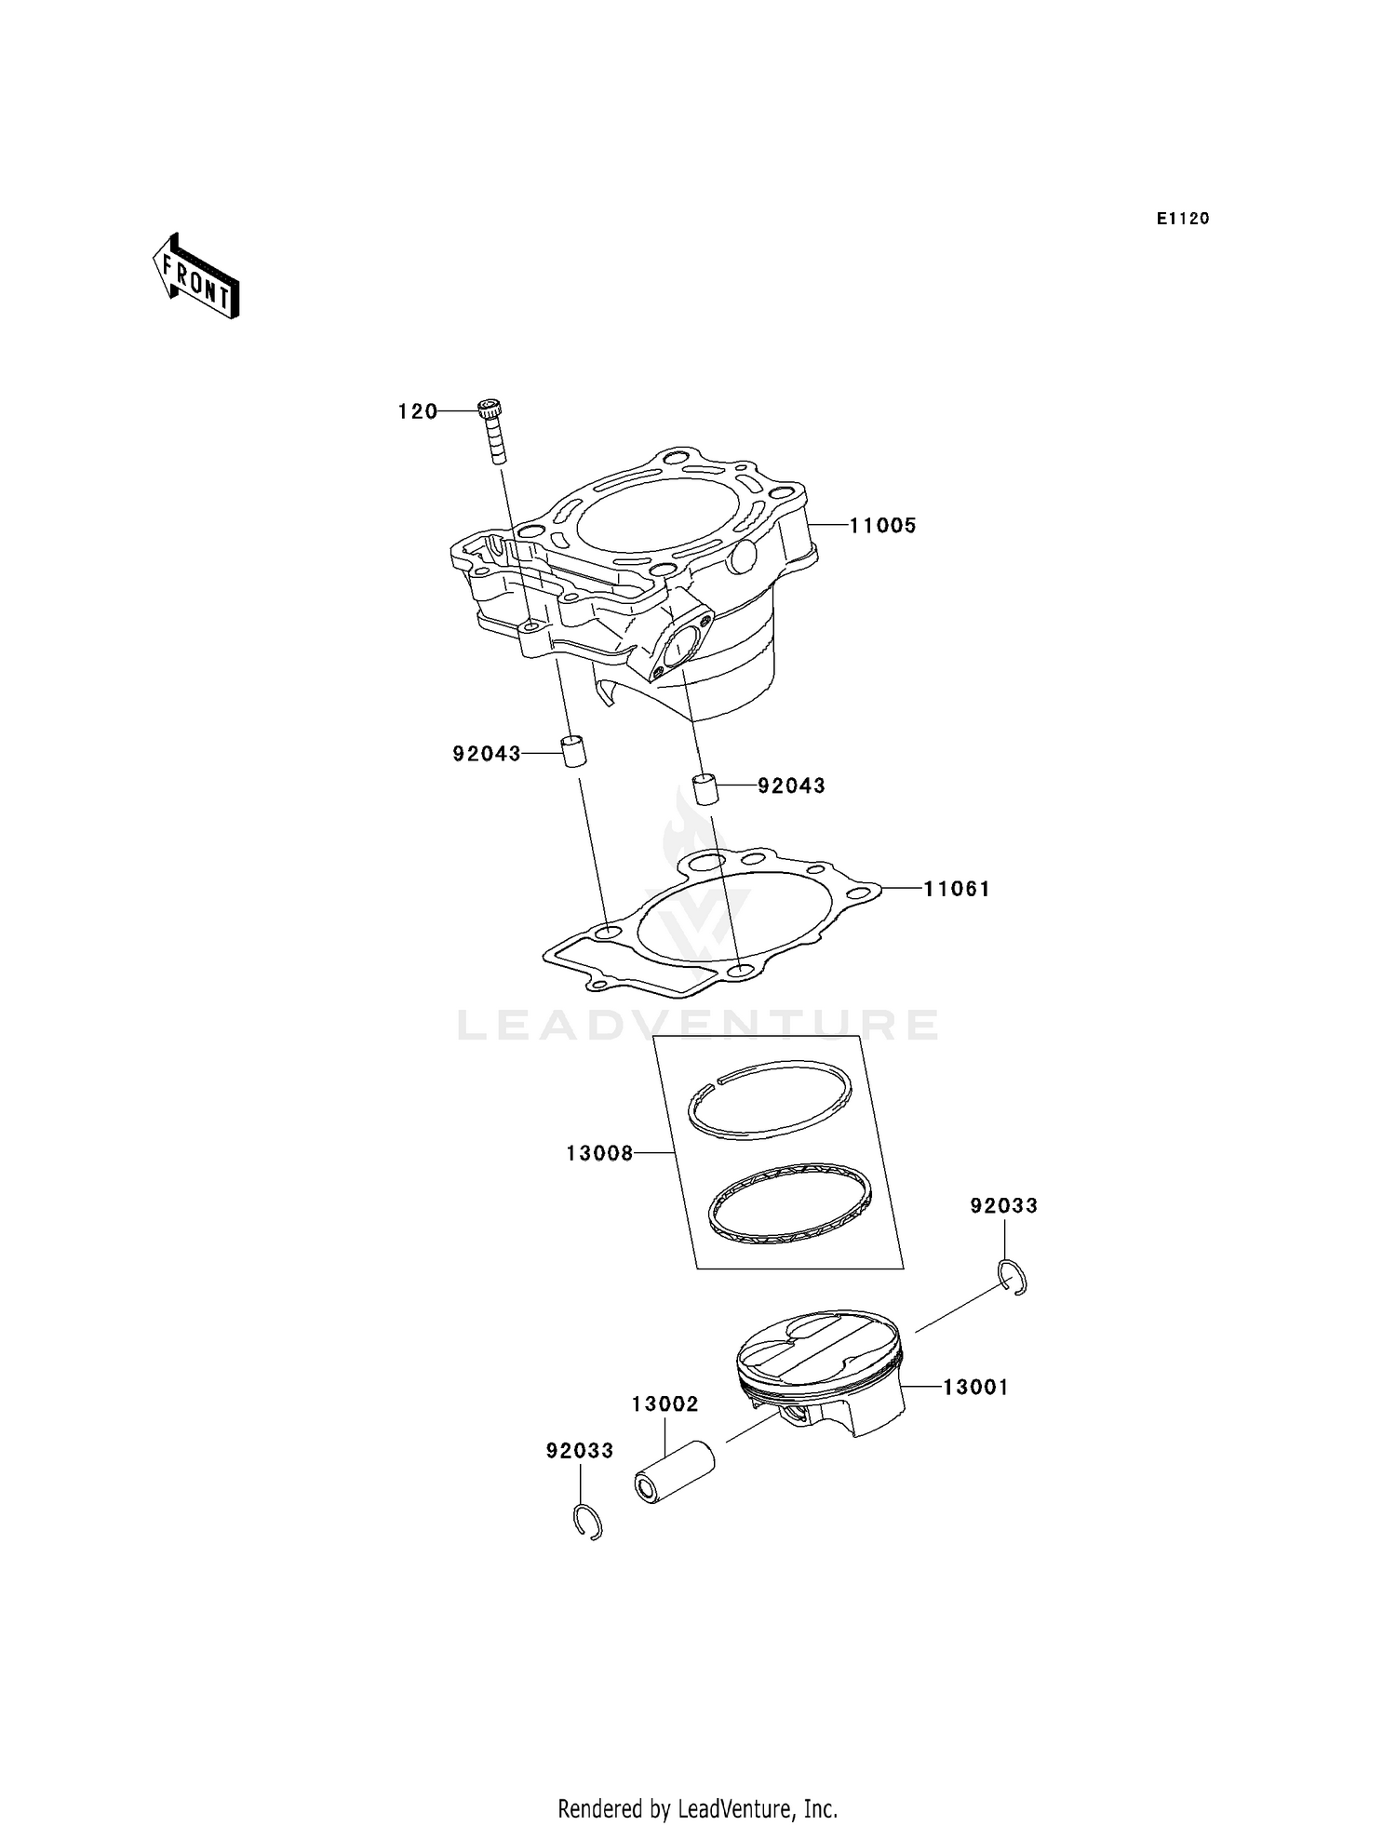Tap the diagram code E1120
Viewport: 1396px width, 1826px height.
[x=1182, y=219]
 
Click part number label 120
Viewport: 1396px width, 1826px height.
[x=417, y=411]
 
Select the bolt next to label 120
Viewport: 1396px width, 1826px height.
[x=493, y=430]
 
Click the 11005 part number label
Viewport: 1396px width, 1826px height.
[x=882, y=526]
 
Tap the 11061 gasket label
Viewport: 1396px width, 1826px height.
[x=956, y=889]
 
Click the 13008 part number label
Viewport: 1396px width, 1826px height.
[x=599, y=1154]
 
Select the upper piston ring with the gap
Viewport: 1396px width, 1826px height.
[x=769, y=1099]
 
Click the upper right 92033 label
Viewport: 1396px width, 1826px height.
[x=1003, y=1206]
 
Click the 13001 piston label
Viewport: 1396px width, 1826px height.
[x=975, y=1388]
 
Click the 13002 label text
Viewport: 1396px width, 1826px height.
[x=664, y=1404]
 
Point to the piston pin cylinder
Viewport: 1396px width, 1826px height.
[x=674, y=1471]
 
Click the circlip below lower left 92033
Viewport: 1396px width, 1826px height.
[x=587, y=1522]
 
